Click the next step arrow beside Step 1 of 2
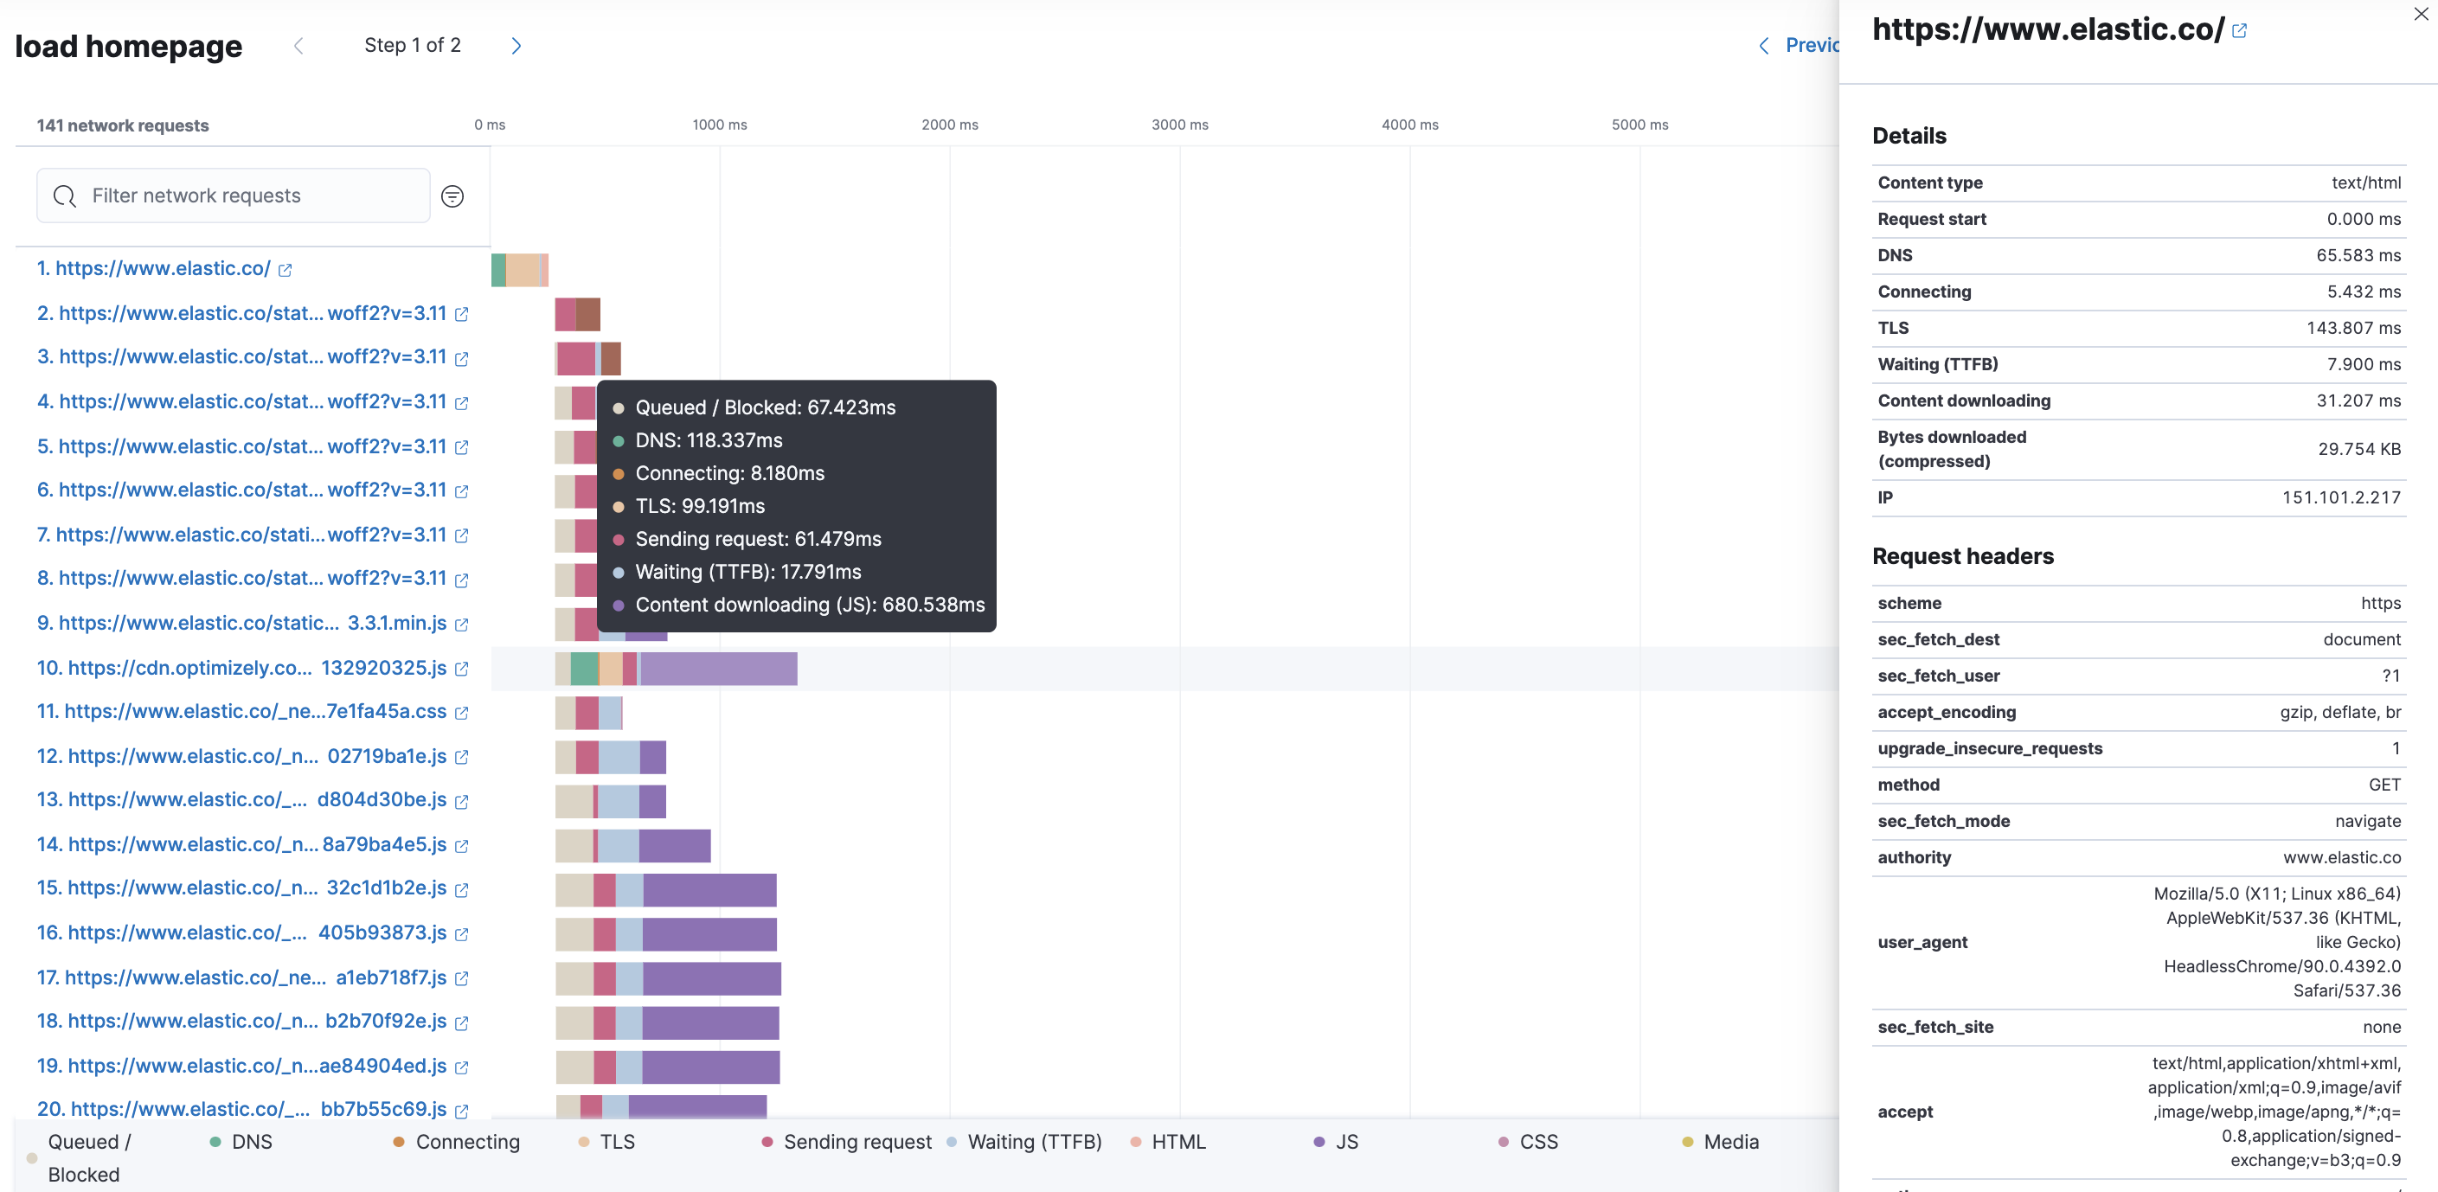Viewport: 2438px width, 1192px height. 516,45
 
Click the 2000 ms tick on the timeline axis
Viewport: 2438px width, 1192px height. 949,125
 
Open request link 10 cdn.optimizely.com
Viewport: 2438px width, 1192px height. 241,668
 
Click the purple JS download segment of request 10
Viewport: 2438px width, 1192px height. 719,669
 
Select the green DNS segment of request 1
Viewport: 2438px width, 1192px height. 497,270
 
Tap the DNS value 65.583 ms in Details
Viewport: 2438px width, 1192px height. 2358,255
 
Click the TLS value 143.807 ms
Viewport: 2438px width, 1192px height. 2353,328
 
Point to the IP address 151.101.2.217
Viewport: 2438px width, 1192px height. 2340,497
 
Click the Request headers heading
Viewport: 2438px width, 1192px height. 1962,556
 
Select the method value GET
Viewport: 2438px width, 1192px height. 2384,785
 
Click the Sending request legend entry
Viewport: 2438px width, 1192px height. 857,1142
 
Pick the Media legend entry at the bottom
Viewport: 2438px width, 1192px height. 1730,1142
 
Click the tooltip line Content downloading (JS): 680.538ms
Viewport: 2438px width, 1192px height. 809,605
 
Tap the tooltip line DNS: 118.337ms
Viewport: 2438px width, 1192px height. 708,440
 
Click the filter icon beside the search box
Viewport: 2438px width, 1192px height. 452,195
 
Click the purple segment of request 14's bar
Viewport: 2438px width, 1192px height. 674,846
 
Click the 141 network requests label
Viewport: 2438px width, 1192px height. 123,125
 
